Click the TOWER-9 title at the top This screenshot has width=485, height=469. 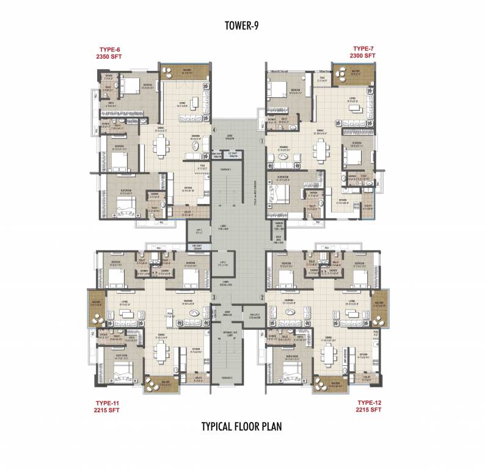242,25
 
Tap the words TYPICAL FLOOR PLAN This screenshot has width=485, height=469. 242,426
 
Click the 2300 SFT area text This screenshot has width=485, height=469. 362,56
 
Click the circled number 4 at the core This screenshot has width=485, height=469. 214,129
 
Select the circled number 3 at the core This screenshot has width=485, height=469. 213,297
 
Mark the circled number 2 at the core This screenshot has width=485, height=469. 261,297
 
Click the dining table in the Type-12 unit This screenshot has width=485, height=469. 329,352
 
